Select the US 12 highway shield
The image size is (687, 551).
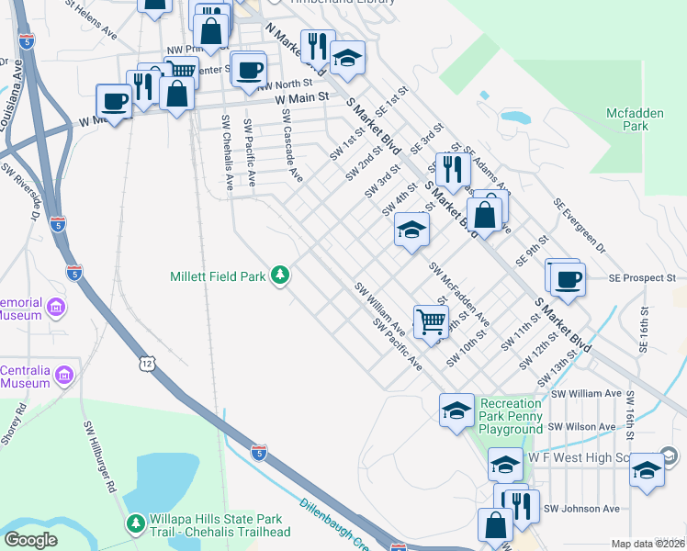click(x=147, y=365)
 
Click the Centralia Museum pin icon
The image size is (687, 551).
click(x=63, y=375)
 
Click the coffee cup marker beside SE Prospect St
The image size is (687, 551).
click(x=568, y=278)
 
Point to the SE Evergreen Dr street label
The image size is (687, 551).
click(x=580, y=225)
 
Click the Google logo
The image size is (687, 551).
click(x=30, y=540)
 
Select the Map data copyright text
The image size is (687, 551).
click(x=648, y=544)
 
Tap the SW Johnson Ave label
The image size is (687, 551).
click(x=582, y=508)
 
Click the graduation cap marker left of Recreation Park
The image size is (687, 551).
click(x=456, y=410)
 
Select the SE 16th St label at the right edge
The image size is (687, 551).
click(x=644, y=332)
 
